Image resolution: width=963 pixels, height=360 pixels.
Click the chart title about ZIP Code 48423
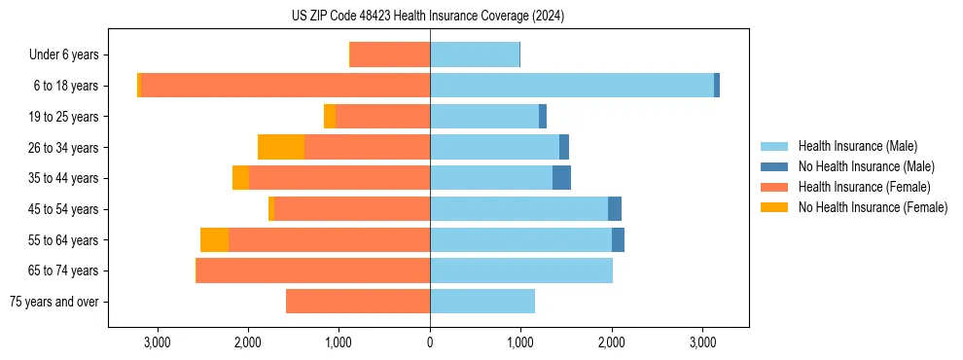pos(428,16)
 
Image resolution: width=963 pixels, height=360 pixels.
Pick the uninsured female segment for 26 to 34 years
pos(281,147)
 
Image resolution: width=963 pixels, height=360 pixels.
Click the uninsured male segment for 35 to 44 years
pos(561,178)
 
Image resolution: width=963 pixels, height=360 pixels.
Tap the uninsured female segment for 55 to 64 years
pos(214,239)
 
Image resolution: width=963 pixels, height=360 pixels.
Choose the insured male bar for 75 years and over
pos(482,302)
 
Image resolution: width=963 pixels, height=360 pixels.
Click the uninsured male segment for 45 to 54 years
pos(615,209)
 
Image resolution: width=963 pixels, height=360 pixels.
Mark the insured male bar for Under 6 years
pos(475,55)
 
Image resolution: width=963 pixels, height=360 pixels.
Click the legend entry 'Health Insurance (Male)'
pos(856,146)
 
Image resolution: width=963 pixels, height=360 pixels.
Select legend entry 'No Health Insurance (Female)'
pos(873,207)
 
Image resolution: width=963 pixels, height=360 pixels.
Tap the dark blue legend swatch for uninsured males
pos(775,166)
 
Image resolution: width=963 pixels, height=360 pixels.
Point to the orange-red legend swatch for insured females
pos(775,187)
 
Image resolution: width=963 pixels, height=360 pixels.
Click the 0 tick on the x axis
pos(430,342)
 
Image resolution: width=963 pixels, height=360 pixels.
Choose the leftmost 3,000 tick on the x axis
pos(157,342)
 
